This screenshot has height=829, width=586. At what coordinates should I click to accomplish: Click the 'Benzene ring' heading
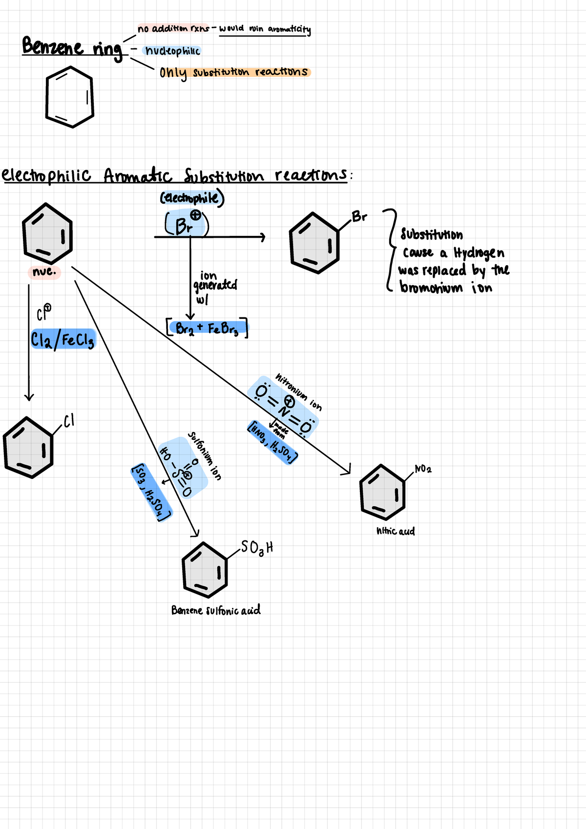pyautogui.click(x=72, y=48)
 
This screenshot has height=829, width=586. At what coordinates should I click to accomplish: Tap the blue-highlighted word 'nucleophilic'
pyautogui.click(x=172, y=51)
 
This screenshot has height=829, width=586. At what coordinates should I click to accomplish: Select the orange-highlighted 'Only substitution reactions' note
pyautogui.click(x=233, y=73)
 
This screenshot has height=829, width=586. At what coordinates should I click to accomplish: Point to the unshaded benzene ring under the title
pyautogui.click(x=69, y=97)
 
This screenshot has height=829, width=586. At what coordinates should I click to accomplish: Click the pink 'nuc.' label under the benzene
pyautogui.click(x=44, y=272)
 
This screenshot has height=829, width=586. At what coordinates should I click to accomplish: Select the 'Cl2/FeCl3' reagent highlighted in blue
pyautogui.click(x=63, y=339)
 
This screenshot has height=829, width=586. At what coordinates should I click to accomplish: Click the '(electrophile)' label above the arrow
pyautogui.click(x=192, y=198)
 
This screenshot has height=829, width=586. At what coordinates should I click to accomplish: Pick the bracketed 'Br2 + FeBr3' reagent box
pyautogui.click(x=207, y=328)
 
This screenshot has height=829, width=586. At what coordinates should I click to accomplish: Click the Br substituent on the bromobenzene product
pyautogui.click(x=359, y=216)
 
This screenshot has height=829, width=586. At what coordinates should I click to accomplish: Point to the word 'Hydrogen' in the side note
pyautogui.click(x=479, y=253)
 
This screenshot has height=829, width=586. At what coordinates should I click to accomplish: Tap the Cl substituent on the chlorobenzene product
pyautogui.click(x=69, y=420)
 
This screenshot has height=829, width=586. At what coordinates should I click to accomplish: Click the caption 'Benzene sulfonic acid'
pyautogui.click(x=216, y=610)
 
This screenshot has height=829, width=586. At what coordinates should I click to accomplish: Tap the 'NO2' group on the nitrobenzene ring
pyautogui.click(x=423, y=469)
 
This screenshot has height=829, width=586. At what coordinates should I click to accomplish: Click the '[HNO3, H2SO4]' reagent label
pyautogui.click(x=273, y=442)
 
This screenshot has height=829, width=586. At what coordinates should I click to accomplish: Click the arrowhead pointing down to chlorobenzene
pyautogui.click(x=29, y=396)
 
